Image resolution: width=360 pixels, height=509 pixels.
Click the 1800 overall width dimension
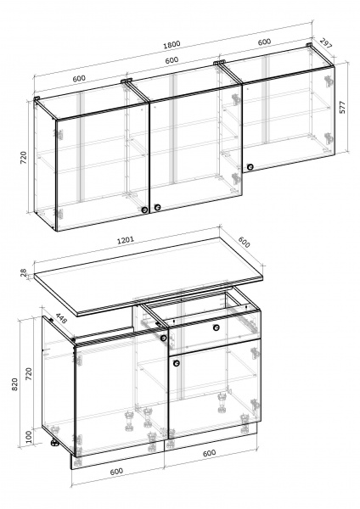tap(172, 44)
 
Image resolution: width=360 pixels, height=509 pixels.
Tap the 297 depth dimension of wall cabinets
tap(326, 43)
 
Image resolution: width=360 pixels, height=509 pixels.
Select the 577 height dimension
tap(343, 107)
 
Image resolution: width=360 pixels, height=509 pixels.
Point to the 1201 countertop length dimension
tap(126, 241)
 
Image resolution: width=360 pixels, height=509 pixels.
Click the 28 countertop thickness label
tap(24, 272)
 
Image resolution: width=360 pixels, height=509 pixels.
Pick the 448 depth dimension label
tap(61, 318)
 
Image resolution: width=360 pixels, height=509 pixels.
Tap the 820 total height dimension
tap(15, 384)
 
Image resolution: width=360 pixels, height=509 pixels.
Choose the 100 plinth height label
tap(29, 437)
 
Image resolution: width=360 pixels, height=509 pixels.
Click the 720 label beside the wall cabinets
tap(25, 158)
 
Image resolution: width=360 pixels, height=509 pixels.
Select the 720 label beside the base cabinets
tap(29, 374)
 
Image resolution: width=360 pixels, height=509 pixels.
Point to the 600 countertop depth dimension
tap(244, 242)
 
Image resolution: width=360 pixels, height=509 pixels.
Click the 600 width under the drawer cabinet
tap(209, 453)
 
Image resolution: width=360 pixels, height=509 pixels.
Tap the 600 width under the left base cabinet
tap(116, 471)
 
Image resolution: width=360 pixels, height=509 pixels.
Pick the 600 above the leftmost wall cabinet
tap(79, 78)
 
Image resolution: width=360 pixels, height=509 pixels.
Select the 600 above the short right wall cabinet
tap(264, 42)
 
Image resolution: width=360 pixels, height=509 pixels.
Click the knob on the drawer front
tap(216, 327)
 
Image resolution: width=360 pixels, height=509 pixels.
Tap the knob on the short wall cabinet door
tap(250, 167)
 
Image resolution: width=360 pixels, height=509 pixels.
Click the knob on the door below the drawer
tap(177, 363)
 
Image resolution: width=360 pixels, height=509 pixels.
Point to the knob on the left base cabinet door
tap(163, 338)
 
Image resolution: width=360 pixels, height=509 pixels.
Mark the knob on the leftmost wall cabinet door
tap(144, 210)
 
